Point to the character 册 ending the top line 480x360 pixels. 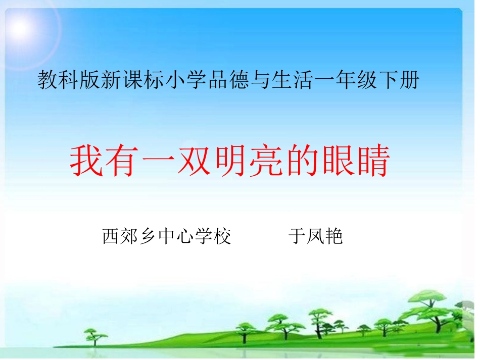(409, 80)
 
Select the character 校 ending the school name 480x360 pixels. (222, 236)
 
